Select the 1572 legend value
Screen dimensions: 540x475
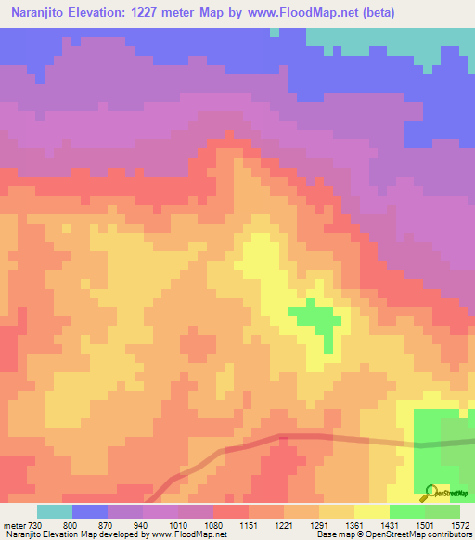coord(461,525)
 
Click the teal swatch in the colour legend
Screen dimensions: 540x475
coord(54,511)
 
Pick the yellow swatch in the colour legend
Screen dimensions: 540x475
coord(371,511)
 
